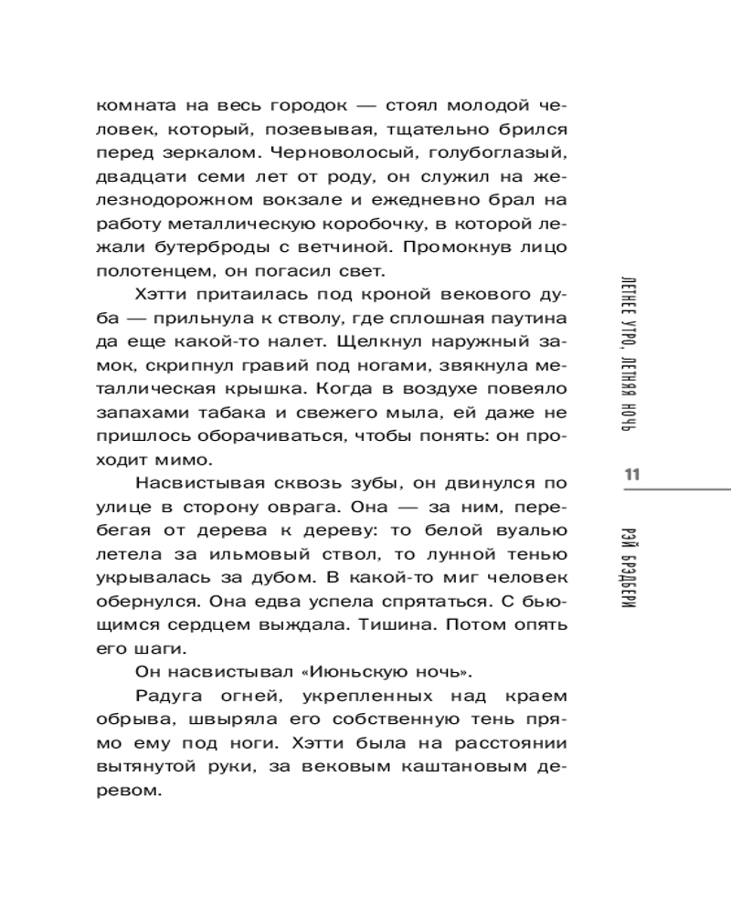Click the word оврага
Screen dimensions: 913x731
click(352, 509)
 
